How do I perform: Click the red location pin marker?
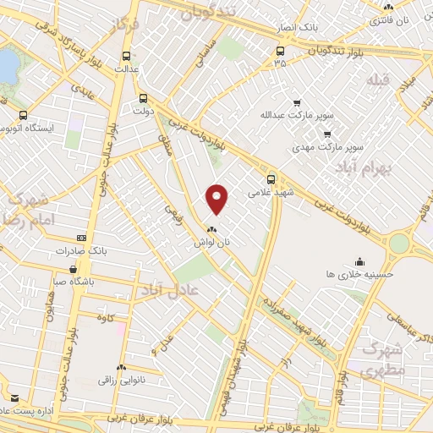coord(217,198)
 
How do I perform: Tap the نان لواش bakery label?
coord(212,242)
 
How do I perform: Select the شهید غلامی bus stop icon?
coord(271,178)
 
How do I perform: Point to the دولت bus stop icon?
coord(143,97)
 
